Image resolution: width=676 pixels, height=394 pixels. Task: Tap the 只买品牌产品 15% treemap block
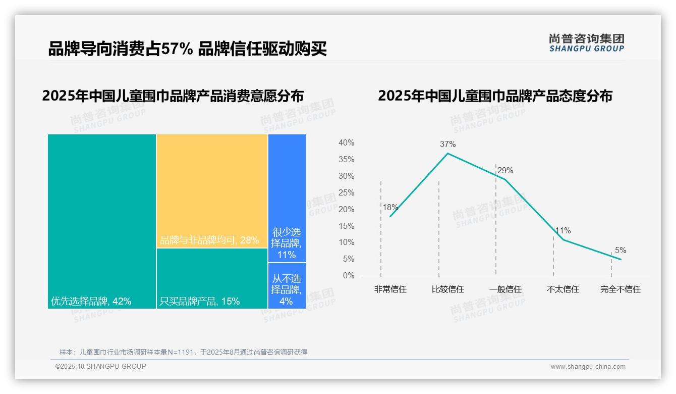[x=212, y=278]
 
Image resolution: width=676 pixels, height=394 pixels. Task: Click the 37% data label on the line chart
[x=447, y=144]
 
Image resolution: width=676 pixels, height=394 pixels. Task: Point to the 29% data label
[x=505, y=171]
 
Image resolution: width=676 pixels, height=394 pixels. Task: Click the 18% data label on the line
[x=390, y=207]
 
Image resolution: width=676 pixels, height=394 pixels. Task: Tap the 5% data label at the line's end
[x=621, y=251]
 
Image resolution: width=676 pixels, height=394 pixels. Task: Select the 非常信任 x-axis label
[x=390, y=289]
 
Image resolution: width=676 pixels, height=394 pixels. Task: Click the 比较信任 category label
[x=447, y=289]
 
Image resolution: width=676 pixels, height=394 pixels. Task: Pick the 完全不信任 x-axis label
[x=620, y=289]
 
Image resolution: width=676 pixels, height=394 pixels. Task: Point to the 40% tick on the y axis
[x=346, y=143]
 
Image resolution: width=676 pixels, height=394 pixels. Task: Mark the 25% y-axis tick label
[x=346, y=193]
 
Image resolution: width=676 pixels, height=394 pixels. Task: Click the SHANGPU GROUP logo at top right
[x=586, y=43]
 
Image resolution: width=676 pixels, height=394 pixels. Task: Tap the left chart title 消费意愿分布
[x=173, y=96]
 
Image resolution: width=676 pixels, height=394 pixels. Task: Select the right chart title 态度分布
[x=495, y=96]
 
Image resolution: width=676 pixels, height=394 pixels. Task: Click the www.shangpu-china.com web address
[x=588, y=367]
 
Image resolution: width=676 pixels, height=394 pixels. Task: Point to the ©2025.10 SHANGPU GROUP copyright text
[x=101, y=366]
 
